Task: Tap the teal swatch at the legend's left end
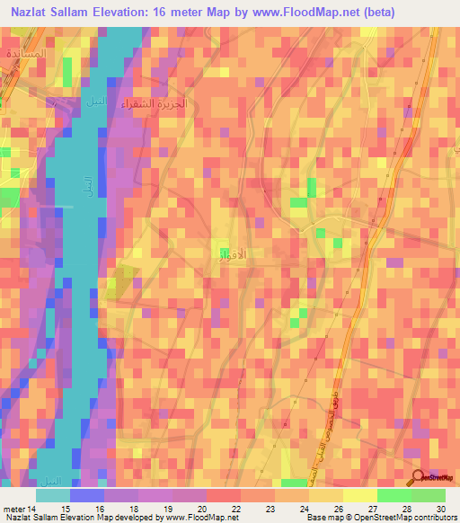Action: click(x=53, y=495)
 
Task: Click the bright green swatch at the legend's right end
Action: click(x=428, y=495)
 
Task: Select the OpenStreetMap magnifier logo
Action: click(x=417, y=477)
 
